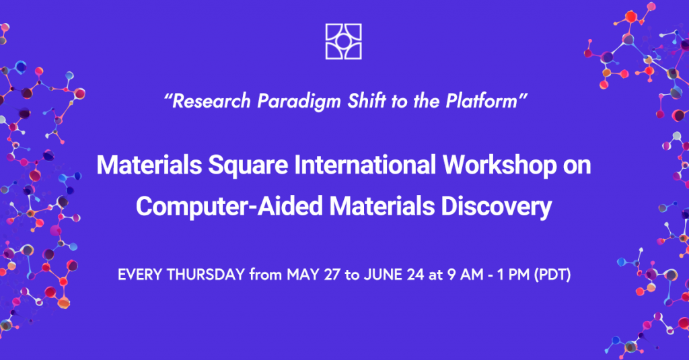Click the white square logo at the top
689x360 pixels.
point(344,41)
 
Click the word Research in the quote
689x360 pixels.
point(211,101)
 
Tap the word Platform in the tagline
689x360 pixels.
point(482,101)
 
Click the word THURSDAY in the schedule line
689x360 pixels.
point(206,275)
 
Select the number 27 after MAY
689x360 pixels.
point(332,275)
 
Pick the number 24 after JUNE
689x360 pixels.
point(416,275)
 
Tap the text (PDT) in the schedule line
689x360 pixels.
point(553,275)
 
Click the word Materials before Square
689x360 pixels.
point(149,165)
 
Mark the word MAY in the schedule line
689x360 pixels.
point(303,275)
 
